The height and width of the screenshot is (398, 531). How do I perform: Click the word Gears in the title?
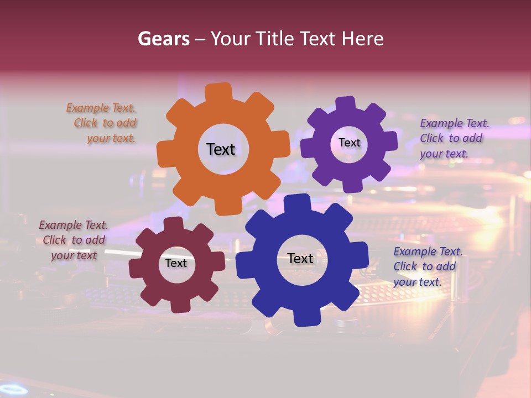163,39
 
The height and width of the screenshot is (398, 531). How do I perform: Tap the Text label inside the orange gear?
221,149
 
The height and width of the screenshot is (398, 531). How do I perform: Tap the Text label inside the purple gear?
349,143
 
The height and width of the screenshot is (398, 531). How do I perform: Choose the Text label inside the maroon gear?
176,263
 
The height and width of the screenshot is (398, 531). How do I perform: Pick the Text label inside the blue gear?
300,258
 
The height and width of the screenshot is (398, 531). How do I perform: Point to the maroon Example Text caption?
74,240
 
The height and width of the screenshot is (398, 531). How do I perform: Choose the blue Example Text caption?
427,266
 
